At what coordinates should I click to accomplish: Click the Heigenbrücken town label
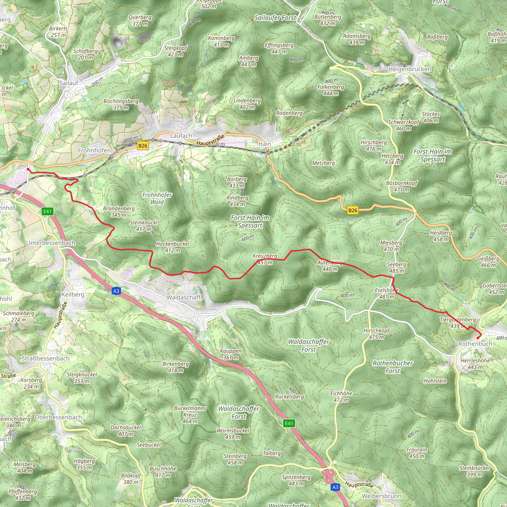pyautogui.click(x=410, y=69)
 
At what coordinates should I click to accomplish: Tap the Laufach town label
pyautogui.click(x=181, y=136)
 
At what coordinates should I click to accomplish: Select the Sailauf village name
pyautogui.click(x=69, y=83)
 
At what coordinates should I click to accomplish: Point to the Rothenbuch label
pyautogui.click(x=475, y=344)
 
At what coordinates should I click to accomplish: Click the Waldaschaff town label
pyautogui.click(x=184, y=297)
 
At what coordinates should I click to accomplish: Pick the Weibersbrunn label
pyautogui.click(x=381, y=496)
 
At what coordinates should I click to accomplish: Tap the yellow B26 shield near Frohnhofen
pyautogui.click(x=143, y=146)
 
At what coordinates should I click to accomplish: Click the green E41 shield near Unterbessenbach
pyautogui.click(x=48, y=211)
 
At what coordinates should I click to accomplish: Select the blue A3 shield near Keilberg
pyautogui.click(x=116, y=291)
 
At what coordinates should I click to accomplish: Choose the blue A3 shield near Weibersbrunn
pyautogui.click(x=335, y=487)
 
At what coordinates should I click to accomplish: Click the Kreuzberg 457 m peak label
pyautogui.click(x=265, y=259)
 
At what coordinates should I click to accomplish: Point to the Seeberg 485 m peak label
pyautogui.click(x=397, y=268)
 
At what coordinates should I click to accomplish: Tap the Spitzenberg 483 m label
pyautogui.click(x=296, y=480)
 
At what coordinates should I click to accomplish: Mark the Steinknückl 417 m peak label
pyautogui.click(x=144, y=226)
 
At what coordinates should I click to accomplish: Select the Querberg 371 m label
pyautogui.click(x=140, y=21)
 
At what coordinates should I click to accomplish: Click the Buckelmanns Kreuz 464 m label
pyautogui.click(x=190, y=415)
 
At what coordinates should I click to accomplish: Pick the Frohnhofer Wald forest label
pyautogui.click(x=157, y=198)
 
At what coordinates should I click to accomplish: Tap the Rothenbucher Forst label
pyautogui.click(x=393, y=367)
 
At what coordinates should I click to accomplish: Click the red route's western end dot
pyautogui.click(x=28, y=170)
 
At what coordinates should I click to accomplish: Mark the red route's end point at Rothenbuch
pyautogui.click(x=478, y=338)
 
